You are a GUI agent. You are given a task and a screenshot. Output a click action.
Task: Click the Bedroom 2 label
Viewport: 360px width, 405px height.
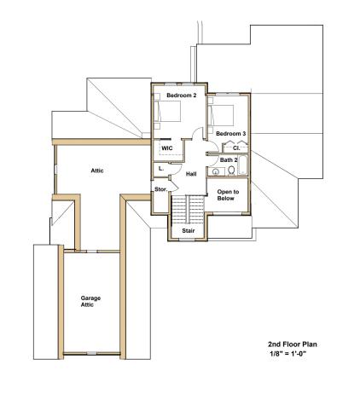click(x=181, y=95)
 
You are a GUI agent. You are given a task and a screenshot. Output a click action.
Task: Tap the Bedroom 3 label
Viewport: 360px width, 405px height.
click(x=230, y=134)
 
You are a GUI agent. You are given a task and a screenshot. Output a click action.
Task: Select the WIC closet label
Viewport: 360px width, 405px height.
click(x=167, y=148)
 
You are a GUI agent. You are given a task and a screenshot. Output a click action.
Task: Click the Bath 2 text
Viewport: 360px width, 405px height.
click(x=228, y=159)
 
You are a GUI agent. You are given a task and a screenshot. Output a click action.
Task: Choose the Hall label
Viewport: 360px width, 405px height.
click(x=191, y=174)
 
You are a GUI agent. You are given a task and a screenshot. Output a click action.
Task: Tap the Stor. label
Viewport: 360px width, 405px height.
click(x=160, y=189)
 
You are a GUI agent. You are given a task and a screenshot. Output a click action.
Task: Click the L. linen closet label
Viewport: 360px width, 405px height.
click(x=162, y=169)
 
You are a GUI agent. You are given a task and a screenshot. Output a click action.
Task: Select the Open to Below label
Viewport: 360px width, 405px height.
click(x=228, y=195)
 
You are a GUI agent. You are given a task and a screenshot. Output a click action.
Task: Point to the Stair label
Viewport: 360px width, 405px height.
click(x=188, y=230)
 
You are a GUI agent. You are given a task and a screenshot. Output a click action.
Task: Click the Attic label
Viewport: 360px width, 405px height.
click(x=98, y=171)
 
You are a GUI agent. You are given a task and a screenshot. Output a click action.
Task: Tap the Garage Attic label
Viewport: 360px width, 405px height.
click(x=91, y=301)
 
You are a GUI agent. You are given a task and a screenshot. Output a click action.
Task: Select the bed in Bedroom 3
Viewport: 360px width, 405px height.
click(x=224, y=115)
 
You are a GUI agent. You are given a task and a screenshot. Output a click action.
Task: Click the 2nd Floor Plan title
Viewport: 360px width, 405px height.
click(x=293, y=344)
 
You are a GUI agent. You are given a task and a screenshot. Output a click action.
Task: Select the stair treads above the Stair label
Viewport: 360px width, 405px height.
click(x=188, y=209)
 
